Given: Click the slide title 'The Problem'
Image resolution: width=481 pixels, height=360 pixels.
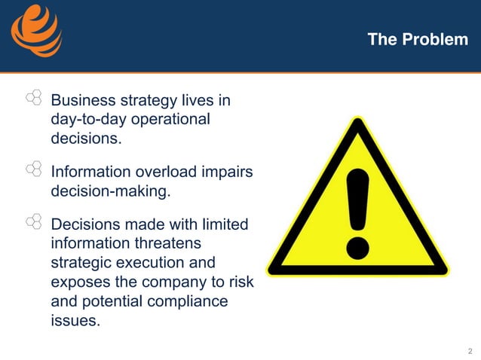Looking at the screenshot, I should [418, 39].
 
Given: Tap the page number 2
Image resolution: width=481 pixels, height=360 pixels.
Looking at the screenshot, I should [470, 351].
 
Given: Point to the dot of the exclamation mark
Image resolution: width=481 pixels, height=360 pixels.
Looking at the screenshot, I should [358, 246].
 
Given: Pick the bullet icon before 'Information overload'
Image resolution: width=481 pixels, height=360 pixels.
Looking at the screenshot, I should [33, 170].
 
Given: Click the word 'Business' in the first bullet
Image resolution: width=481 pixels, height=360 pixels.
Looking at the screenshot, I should [79, 100].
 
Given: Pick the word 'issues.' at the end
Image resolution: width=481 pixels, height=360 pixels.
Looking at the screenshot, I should [75, 321].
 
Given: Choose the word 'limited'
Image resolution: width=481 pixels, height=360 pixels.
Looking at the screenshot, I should [225, 224].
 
